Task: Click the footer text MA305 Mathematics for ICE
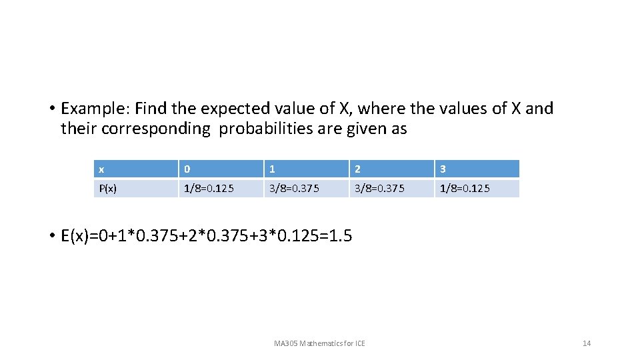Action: [319, 343]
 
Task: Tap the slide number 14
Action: [587, 343]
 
